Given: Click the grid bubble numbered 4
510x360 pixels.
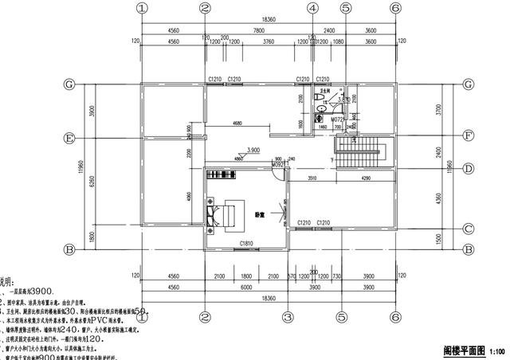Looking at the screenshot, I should click(312, 8).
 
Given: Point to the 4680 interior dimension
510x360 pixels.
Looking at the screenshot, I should click(237, 124).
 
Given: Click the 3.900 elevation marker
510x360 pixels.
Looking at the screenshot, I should click(253, 150).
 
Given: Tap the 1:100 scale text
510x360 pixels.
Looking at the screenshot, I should click(496, 351).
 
